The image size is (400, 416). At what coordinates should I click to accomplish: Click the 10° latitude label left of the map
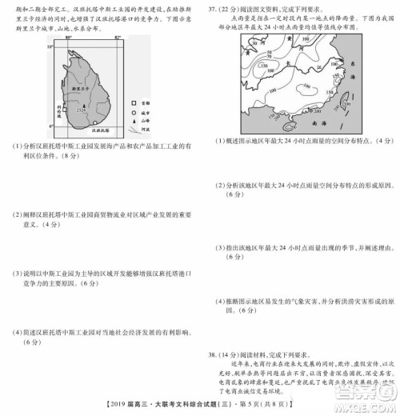(x=46, y=48)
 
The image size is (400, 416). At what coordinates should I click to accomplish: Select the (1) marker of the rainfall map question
(x=218, y=142)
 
